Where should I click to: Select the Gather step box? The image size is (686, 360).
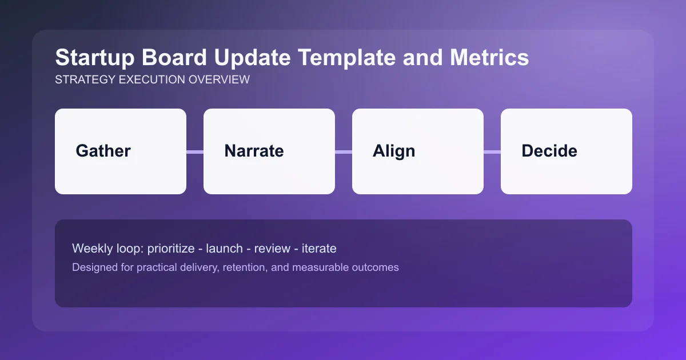(x=121, y=151)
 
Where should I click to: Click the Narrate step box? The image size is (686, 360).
(x=269, y=151)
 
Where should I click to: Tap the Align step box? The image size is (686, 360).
(x=418, y=151)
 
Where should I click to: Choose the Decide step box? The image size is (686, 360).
(x=567, y=151)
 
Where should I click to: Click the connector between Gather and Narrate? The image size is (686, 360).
(x=195, y=151)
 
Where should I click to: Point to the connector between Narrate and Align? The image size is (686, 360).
(x=344, y=151)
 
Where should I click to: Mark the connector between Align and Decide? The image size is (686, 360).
(x=492, y=151)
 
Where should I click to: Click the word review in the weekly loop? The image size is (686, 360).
(x=272, y=249)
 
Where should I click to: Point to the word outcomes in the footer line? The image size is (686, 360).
(x=374, y=267)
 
